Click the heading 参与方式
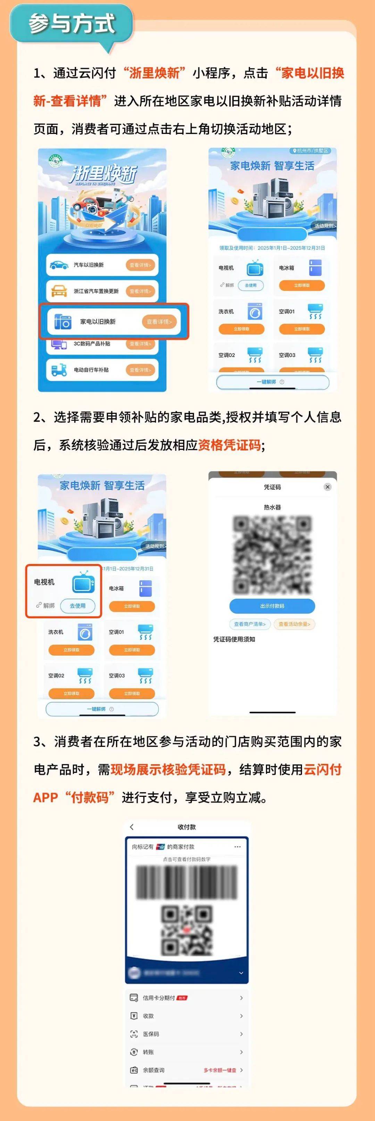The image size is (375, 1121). [72, 24]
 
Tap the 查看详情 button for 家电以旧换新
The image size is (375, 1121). [159, 322]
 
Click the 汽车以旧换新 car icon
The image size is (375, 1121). [58, 264]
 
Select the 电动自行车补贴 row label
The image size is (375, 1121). [91, 370]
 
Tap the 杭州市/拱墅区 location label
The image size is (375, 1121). [312, 151]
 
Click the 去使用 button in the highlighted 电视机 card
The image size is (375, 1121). [77, 605]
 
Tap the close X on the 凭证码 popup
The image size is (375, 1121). [327, 487]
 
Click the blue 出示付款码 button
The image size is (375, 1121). [272, 606]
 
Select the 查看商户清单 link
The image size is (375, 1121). [250, 624]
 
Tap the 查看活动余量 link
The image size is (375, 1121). [294, 624]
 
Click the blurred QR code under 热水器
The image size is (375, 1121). [272, 555]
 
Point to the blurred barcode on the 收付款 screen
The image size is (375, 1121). [187, 883]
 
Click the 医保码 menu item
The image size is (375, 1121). [151, 1034]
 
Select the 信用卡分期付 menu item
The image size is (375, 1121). [159, 998]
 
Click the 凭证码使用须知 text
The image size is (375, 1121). [234, 639]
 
